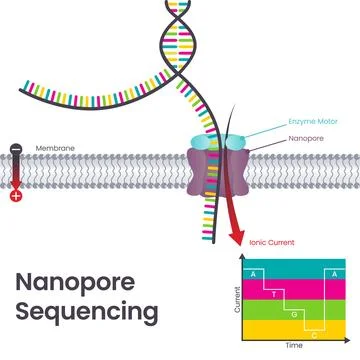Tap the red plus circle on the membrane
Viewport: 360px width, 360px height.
pyautogui.click(x=15, y=194)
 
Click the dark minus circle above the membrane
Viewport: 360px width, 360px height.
pyautogui.click(x=15, y=151)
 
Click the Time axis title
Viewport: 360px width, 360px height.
pyautogui.click(x=294, y=344)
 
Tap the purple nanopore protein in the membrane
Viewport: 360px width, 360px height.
pyautogui.click(x=212, y=170)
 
